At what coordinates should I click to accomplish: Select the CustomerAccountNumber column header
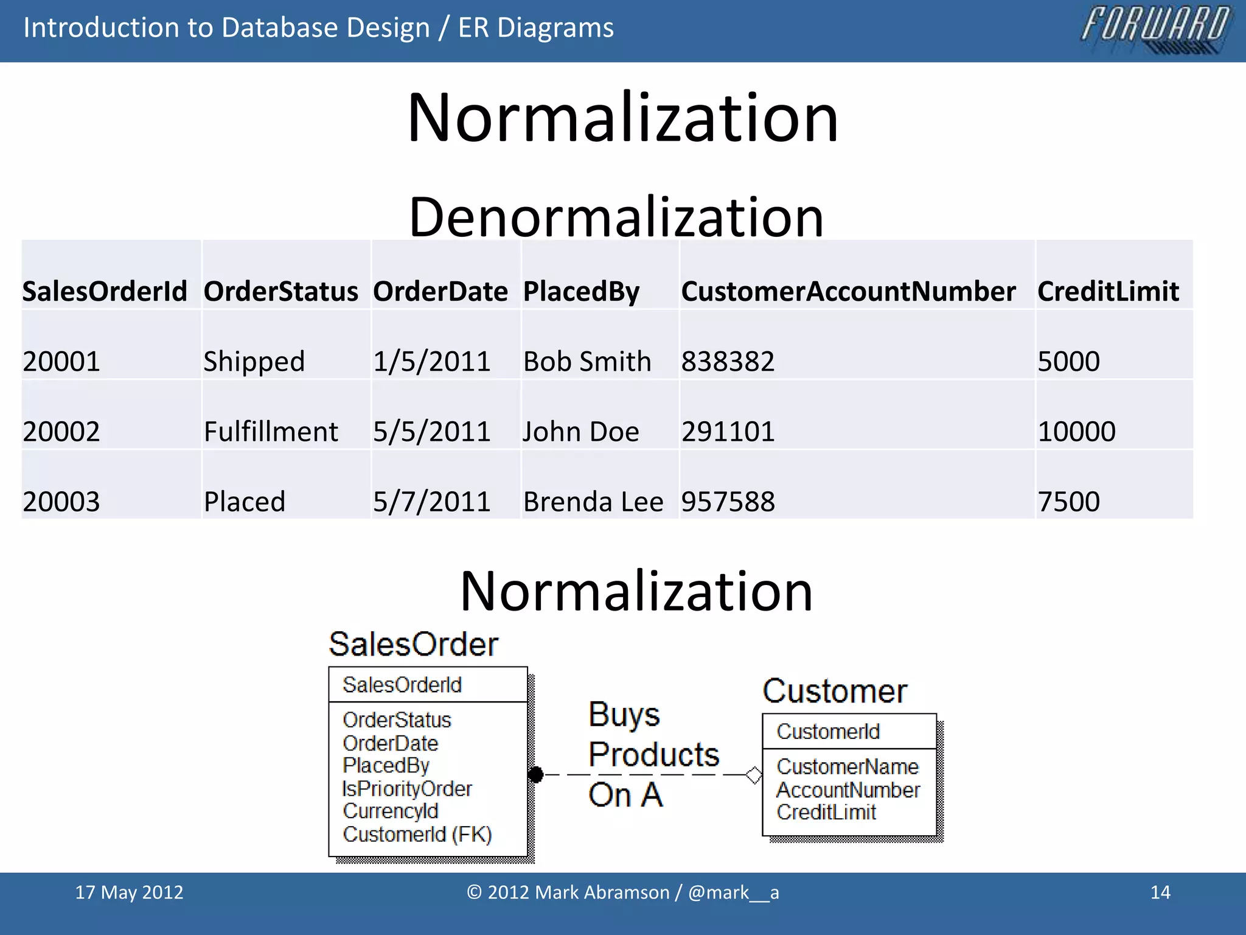click(848, 292)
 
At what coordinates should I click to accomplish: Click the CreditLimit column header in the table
click(1108, 292)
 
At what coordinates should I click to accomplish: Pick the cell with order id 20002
click(61, 432)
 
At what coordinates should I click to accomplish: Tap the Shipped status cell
click(254, 362)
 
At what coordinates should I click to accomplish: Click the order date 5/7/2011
click(431, 502)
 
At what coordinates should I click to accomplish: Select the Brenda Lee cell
click(593, 502)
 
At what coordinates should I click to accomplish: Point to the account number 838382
click(728, 362)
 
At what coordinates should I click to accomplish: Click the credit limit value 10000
click(1076, 432)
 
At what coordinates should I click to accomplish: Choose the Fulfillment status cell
click(271, 432)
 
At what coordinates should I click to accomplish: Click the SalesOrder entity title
click(413, 644)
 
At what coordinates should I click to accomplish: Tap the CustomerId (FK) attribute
click(417, 834)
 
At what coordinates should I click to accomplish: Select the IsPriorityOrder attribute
click(406, 788)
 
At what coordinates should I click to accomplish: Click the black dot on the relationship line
click(535, 774)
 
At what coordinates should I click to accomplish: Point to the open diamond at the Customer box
click(753, 775)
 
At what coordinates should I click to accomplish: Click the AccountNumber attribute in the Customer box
click(848, 790)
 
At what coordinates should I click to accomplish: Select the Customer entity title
click(835, 691)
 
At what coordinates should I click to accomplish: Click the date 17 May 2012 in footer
click(129, 892)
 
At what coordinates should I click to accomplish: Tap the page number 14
click(1160, 892)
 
